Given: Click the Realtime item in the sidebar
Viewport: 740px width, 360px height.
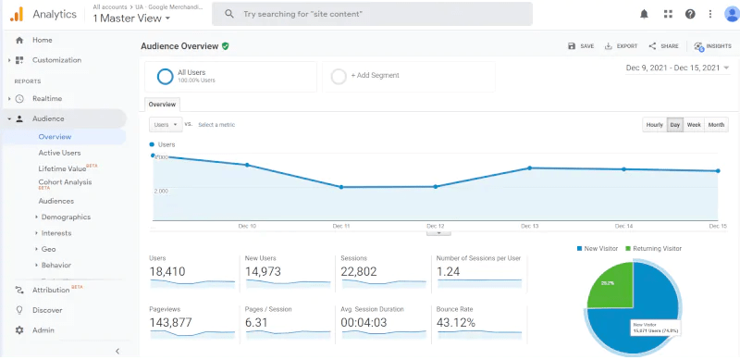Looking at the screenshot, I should pyautogui.click(x=46, y=98).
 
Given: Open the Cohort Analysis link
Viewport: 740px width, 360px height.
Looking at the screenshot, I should pyautogui.click(x=65, y=182).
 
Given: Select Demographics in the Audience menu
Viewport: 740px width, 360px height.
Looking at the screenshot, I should pyautogui.click(x=66, y=217).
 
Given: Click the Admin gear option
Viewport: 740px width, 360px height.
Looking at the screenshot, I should pyautogui.click(x=43, y=330).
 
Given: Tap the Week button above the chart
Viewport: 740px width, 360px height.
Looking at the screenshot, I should pyautogui.click(x=694, y=124).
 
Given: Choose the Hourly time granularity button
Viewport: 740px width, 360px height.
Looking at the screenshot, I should pyautogui.click(x=654, y=124).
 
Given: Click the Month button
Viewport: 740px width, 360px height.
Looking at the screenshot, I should pyautogui.click(x=717, y=124).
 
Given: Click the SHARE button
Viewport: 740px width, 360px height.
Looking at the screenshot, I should pyautogui.click(x=664, y=46).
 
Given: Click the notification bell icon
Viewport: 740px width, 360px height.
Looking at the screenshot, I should pyautogui.click(x=644, y=14).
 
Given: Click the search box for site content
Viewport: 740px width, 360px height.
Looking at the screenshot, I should pyautogui.click(x=372, y=14).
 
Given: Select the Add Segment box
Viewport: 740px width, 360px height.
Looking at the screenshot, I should pyautogui.click(x=408, y=77).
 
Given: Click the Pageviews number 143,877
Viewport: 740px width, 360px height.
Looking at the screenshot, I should pyautogui.click(x=173, y=322).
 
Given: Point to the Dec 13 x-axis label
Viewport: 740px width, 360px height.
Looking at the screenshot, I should pyautogui.click(x=530, y=226).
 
